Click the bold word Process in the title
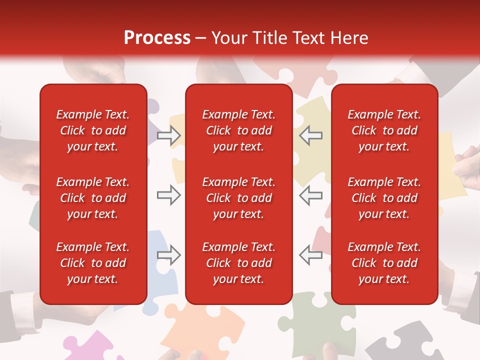[157, 38]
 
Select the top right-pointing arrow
[168, 135]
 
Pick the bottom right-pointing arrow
[168, 255]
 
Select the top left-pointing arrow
[310, 135]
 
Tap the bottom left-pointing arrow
[310, 255]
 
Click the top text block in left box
[93, 130]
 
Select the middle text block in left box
[93, 198]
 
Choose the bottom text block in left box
[93, 263]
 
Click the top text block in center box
[238, 130]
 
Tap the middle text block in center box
[238, 198]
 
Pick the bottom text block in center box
[238, 263]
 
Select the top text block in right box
[384, 130]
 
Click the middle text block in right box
[384, 198]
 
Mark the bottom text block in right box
[384, 263]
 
